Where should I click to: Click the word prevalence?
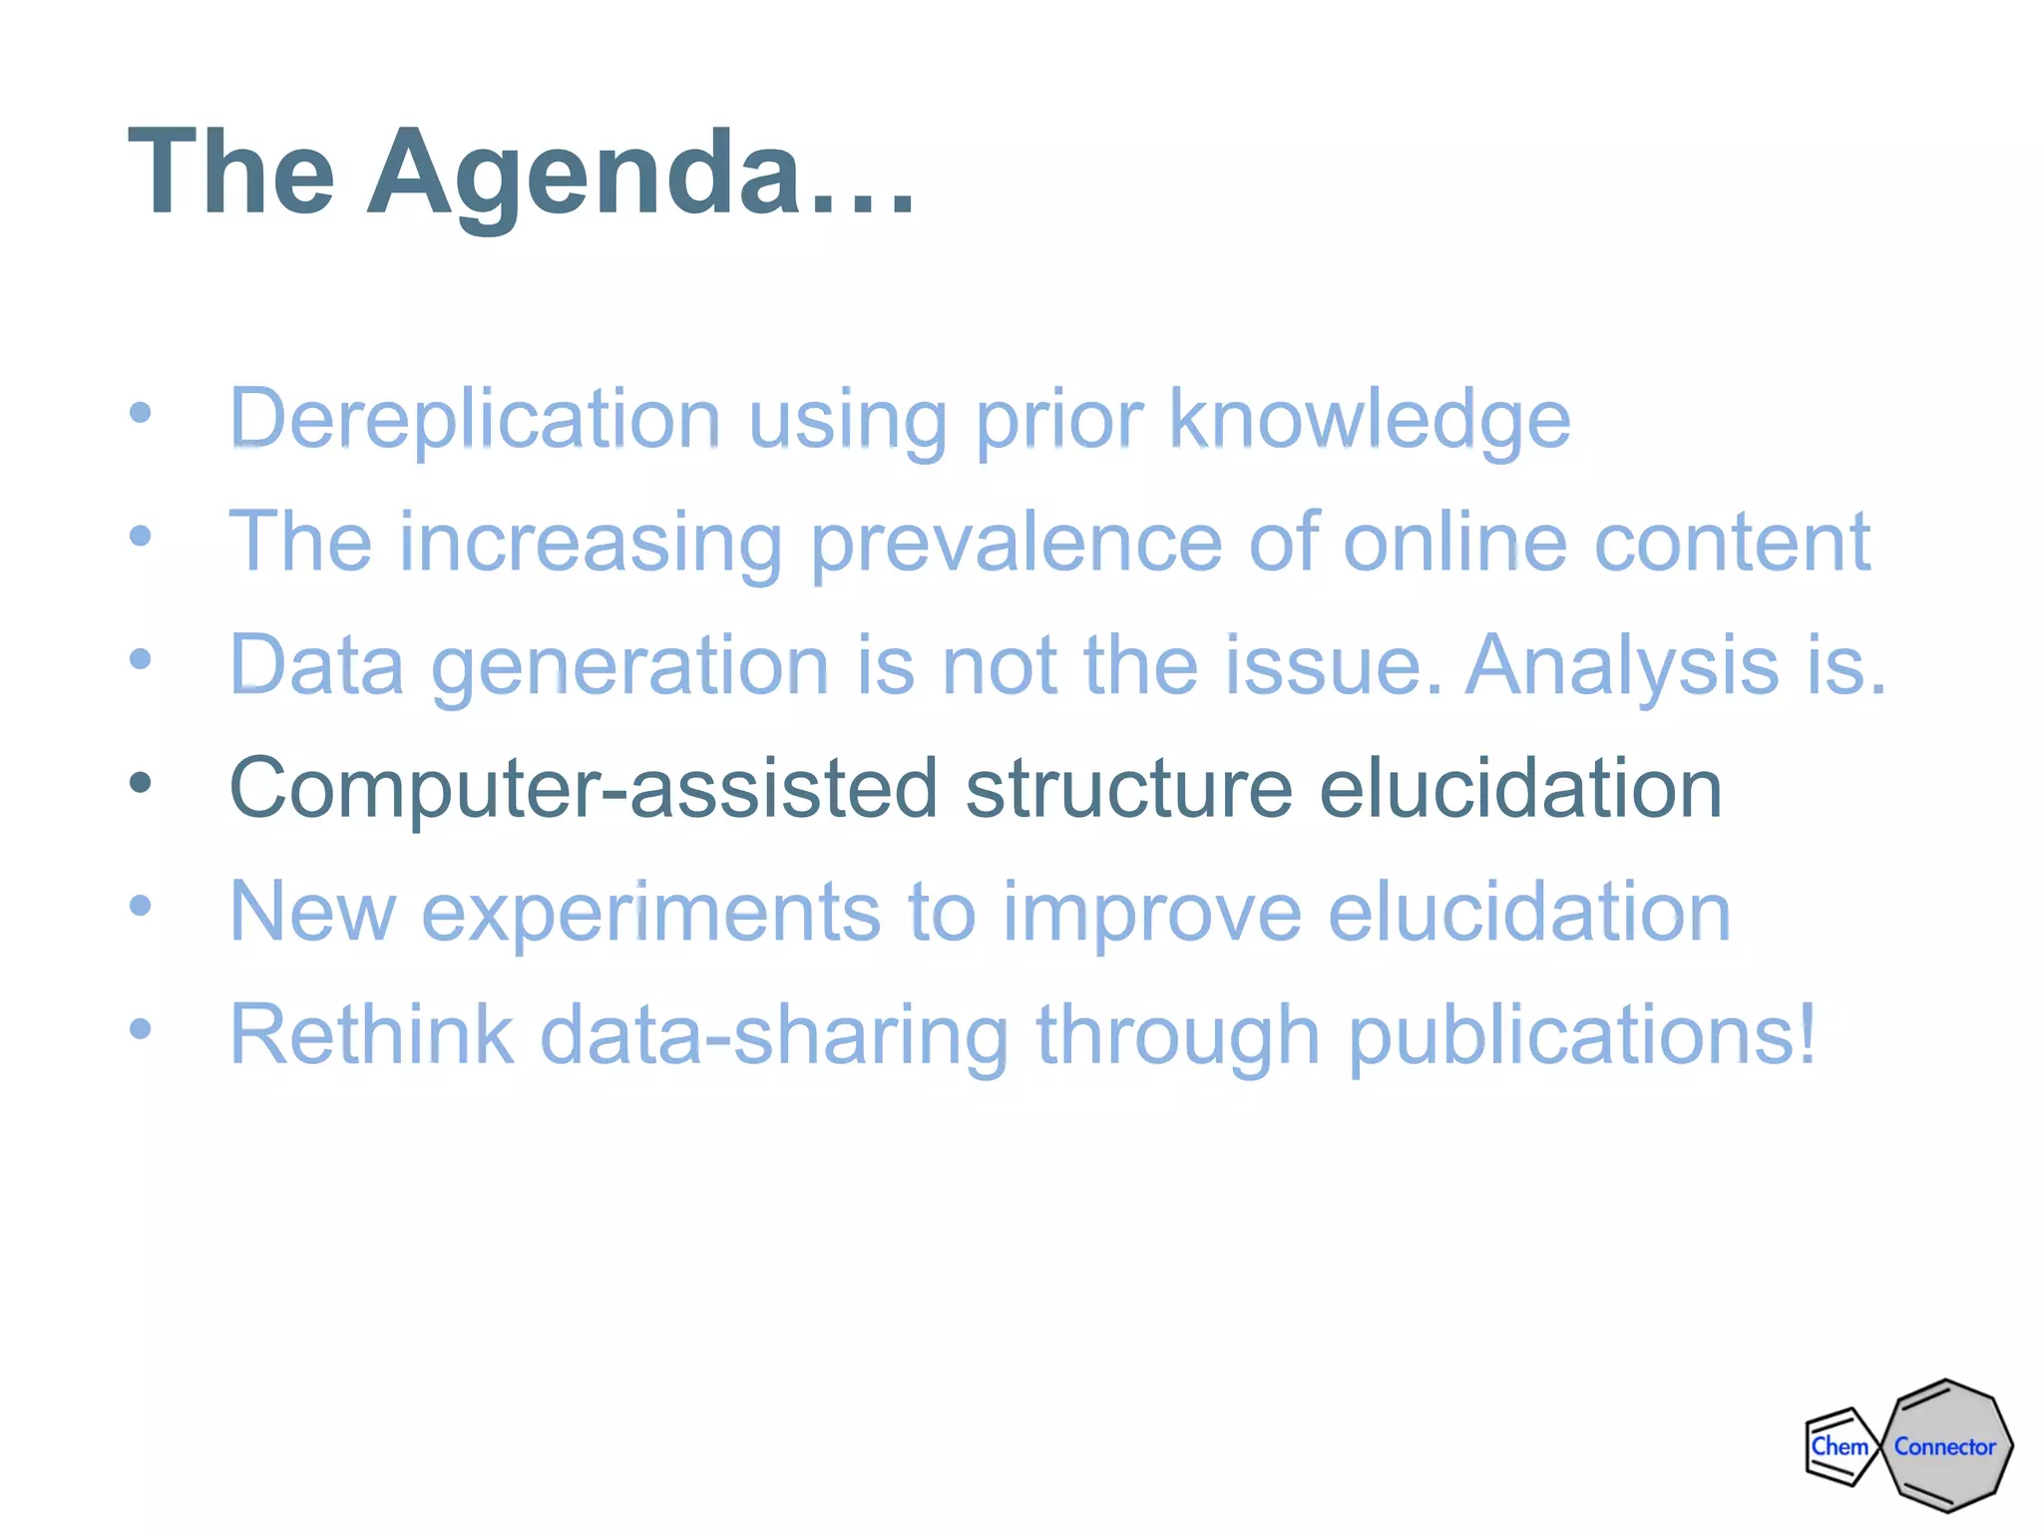[1015, 543]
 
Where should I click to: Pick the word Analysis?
[1620, 665]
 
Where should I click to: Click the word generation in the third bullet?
[629, 665]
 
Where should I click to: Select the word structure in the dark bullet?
[1128, 788]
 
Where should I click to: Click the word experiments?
[650, 912]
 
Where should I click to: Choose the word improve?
[1151, 912]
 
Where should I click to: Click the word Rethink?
[371, 1034]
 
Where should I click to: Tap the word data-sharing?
[774, 1034]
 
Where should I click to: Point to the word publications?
[1581, 1034]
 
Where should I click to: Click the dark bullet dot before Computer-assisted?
[141, 783]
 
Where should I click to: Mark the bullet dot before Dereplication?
[141, 413]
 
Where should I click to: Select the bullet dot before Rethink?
[141, 1028]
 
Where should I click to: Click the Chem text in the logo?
[1839, 1446]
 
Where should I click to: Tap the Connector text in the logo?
[1944, 1446]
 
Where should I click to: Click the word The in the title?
[231, 175]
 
